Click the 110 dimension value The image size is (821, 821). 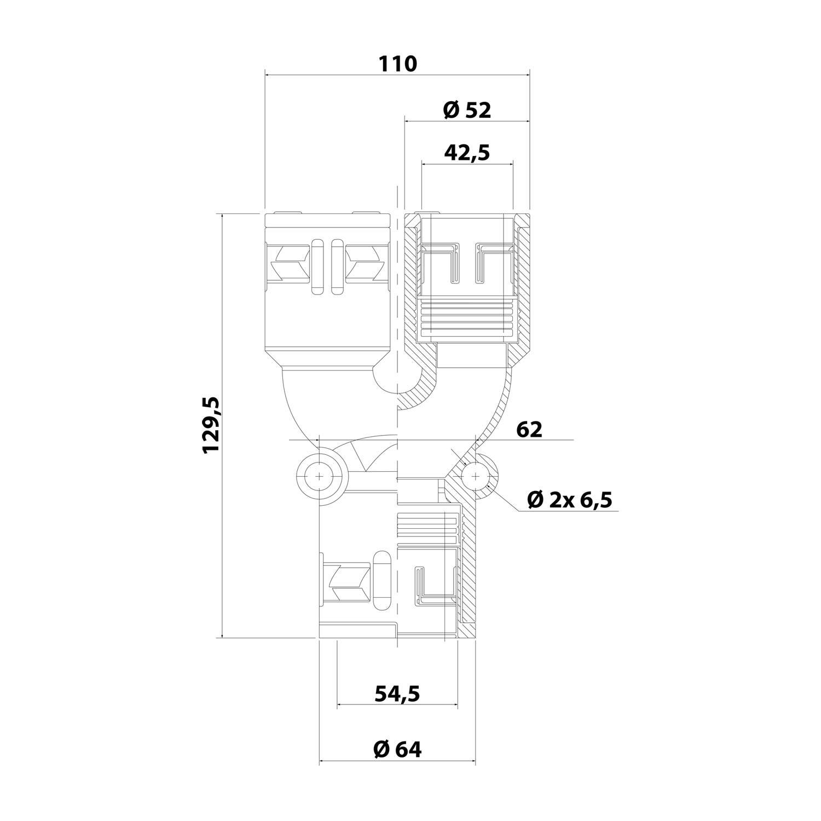coord(398,64)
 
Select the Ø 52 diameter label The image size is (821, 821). coord(466,111)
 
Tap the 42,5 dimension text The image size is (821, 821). coord(467,153)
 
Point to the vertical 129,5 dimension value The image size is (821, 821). coord(211,425)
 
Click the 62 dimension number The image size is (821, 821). coord(529,429)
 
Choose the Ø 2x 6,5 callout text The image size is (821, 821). coord(569,499)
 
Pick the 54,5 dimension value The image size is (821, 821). coord(397,694)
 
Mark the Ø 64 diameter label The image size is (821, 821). coord(397,749)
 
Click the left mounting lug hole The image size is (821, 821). coord(320,477)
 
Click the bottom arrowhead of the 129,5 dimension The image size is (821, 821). coord(222,633)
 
